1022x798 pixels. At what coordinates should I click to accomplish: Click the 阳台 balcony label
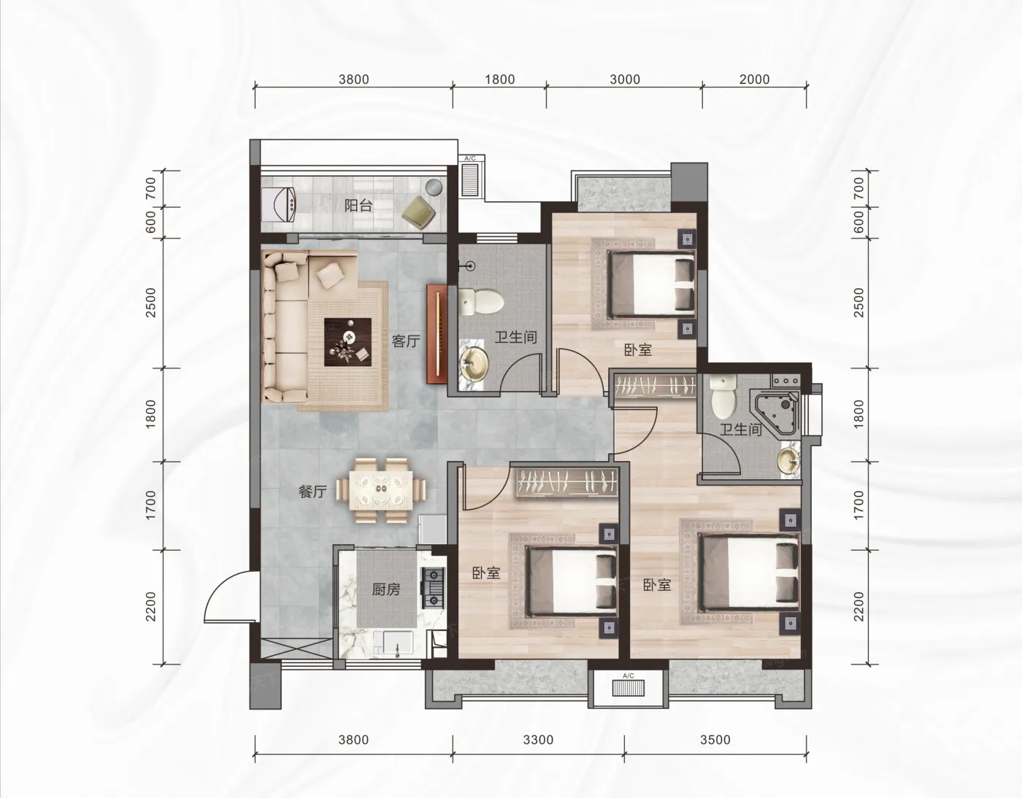click(358, 206)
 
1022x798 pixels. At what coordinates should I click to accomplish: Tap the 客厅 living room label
click(405, 341)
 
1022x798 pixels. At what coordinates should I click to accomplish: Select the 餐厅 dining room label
click(312, 492)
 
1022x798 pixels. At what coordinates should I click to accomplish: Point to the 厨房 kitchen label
click(386, 589)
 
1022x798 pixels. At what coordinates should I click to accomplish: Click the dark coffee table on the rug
click(348, 341)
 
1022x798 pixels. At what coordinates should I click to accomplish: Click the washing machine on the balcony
click(278, 204)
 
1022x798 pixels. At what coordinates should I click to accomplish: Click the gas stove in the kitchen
click(434, 587)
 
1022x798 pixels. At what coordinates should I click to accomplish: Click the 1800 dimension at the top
click(500, 80)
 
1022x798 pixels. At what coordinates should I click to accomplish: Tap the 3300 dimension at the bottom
click(539, 740)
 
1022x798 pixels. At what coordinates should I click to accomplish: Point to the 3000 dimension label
click(625, 80)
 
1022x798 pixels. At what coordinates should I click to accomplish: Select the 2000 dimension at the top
click(754, 80)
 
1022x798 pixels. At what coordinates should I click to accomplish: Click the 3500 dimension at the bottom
click(715, 740)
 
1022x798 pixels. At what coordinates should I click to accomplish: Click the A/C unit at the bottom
click(629, 689)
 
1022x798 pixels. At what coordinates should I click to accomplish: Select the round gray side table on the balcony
click(434, 187)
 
